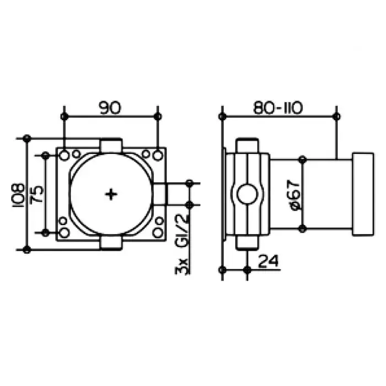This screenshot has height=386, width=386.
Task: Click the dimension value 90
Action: coord(110,108)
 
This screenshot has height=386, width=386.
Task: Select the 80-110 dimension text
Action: coord(278,108)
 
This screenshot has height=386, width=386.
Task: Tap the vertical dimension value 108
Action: coord(18,195)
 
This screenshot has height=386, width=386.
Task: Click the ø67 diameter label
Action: coord(295,195)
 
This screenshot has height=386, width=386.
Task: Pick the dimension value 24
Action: coord(269,261)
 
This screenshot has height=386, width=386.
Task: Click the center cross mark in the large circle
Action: coord(111,194)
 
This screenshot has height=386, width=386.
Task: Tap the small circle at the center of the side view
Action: coord(247,194)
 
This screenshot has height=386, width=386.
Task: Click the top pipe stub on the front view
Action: coord(111,146)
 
